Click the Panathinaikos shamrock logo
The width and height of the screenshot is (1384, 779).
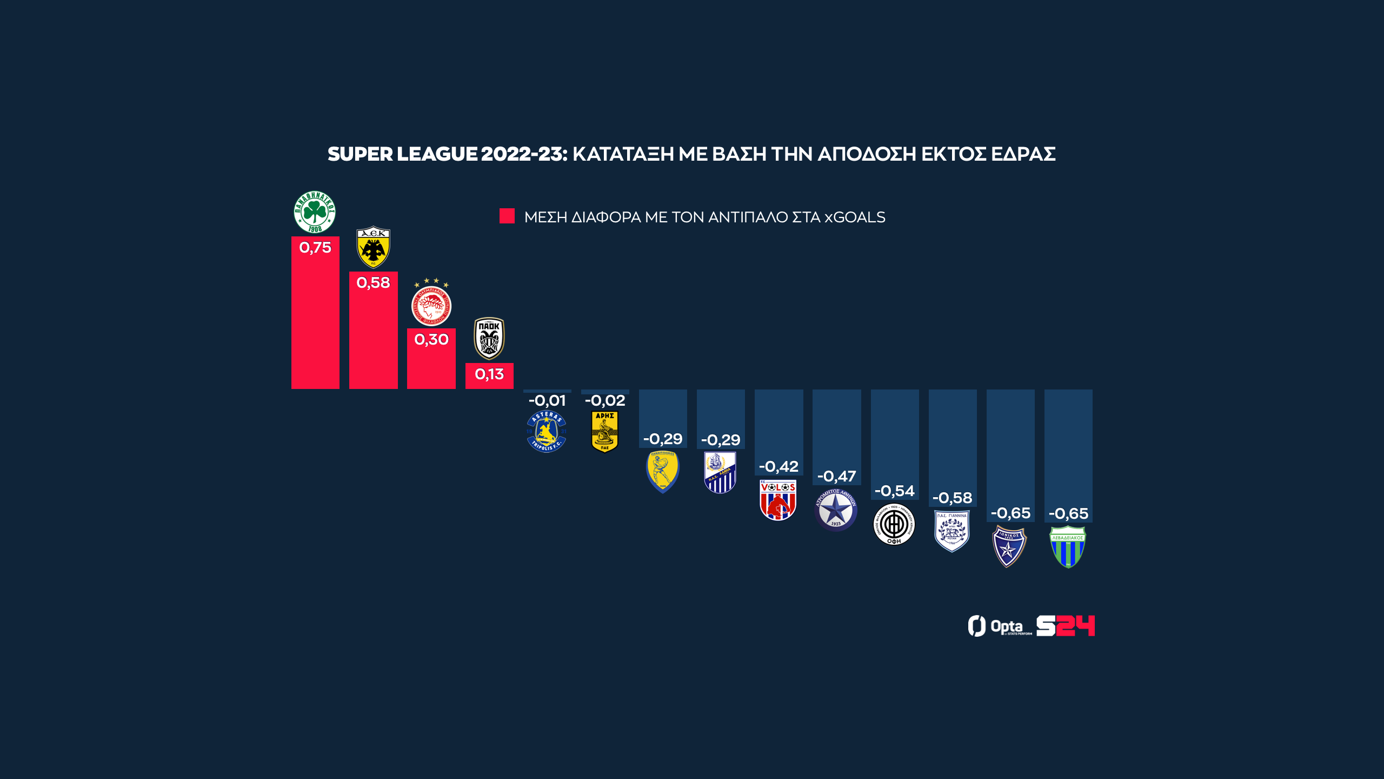coord(315,212)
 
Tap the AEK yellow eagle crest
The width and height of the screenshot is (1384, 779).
coord(373,247)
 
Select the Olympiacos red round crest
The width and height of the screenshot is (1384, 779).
coord(431,305)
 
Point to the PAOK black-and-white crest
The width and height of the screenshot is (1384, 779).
coord(489,338)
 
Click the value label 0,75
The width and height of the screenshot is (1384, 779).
coord(315,248)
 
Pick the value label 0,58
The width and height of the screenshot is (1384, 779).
coord(373,283)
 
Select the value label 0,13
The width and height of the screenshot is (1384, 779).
coord(489,374)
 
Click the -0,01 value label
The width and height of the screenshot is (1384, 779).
coord(547,401)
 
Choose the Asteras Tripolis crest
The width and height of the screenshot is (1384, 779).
coord(547,432)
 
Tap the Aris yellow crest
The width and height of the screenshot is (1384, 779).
coord(604,432)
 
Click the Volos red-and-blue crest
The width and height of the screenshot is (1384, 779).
coord(778,500)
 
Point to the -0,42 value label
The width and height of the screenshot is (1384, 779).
coord(778,467)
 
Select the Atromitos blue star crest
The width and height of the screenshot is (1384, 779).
coord(836,510)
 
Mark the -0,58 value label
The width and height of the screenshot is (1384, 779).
coord(952,498)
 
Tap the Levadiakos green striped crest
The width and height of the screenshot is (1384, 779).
coord(1068,547)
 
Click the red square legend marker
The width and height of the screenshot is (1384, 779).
coord(507,216)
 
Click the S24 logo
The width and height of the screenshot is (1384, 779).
coord(1065,626)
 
